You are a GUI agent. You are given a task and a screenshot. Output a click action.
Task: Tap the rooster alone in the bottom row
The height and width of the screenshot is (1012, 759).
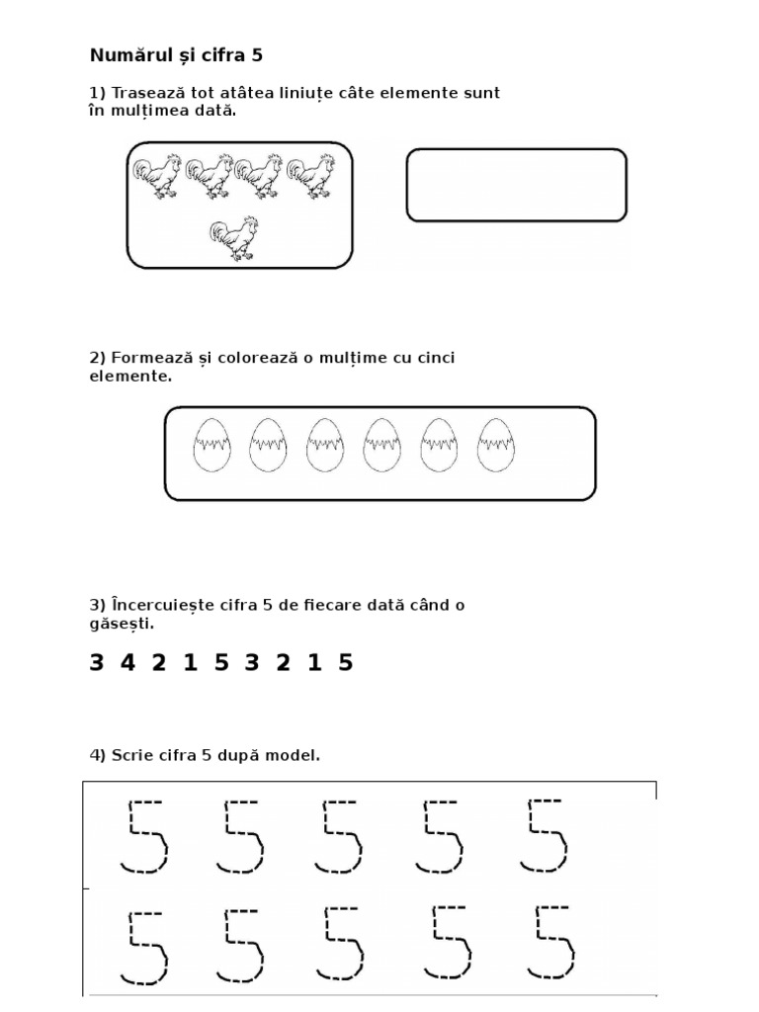(x=234, y=239)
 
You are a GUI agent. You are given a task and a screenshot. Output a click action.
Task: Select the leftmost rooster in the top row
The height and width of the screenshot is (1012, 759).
(x=157, y=176)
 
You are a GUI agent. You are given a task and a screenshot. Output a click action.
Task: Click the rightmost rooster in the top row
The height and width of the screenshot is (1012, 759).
(x=311, y=176)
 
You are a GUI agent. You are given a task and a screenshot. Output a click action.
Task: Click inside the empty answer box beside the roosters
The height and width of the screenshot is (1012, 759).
(x=516, y=185)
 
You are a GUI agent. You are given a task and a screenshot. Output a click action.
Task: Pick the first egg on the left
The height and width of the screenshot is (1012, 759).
(x=211, y=445)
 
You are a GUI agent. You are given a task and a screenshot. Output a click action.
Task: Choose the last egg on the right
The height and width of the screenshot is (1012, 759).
(x=496, y=445)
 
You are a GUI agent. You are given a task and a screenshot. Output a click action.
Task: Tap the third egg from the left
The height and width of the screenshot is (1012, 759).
(x=325, y=445)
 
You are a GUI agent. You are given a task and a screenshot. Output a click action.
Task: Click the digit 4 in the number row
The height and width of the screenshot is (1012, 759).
(x=127, y=662)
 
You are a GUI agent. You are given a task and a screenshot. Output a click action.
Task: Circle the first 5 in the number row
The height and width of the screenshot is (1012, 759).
(x=221, y=662)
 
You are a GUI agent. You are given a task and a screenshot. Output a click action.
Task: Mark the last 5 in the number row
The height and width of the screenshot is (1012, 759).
(x=346, y=662)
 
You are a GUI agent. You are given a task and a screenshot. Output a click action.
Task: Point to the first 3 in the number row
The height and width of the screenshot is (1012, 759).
(x=96, y=662)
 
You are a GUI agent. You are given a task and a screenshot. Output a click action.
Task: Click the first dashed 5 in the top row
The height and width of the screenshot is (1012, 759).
(x=144, y=837)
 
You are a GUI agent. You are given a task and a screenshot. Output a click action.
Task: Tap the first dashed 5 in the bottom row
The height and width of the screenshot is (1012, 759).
(x=144, y=948)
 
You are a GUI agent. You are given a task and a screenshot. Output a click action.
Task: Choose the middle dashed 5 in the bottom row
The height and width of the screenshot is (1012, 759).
(x=341, y=944)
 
